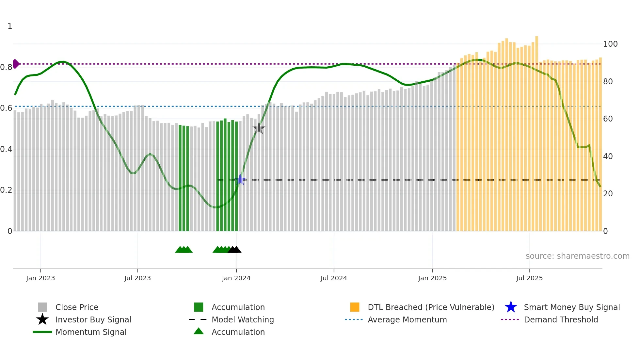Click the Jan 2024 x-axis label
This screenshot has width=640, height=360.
point(236,278)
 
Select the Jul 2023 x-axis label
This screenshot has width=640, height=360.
point(137,278)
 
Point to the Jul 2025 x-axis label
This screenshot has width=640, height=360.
point(529,278)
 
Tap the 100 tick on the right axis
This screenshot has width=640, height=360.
point(610,44)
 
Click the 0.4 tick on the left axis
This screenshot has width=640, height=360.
point(6,149)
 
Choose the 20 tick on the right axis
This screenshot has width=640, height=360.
point(608,194)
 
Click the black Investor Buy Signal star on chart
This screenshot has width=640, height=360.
point(259,128)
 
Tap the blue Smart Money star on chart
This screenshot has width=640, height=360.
point(241,179)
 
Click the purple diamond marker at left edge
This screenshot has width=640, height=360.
point(16,64)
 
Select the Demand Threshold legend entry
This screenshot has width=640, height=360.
point(561,319)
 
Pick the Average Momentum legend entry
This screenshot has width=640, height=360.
point(407,319)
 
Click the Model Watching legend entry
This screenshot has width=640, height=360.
point(242,319)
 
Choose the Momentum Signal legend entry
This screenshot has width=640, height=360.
point(91,332)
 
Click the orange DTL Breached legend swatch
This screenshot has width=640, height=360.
point(355,307)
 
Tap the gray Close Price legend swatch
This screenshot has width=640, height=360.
point(42,307)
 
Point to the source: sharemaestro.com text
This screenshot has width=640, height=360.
point(577,256)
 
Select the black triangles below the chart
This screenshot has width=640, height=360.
point(234,250)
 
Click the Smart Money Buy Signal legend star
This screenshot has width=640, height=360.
point(511,307)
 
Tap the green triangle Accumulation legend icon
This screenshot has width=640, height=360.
point(199,331)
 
